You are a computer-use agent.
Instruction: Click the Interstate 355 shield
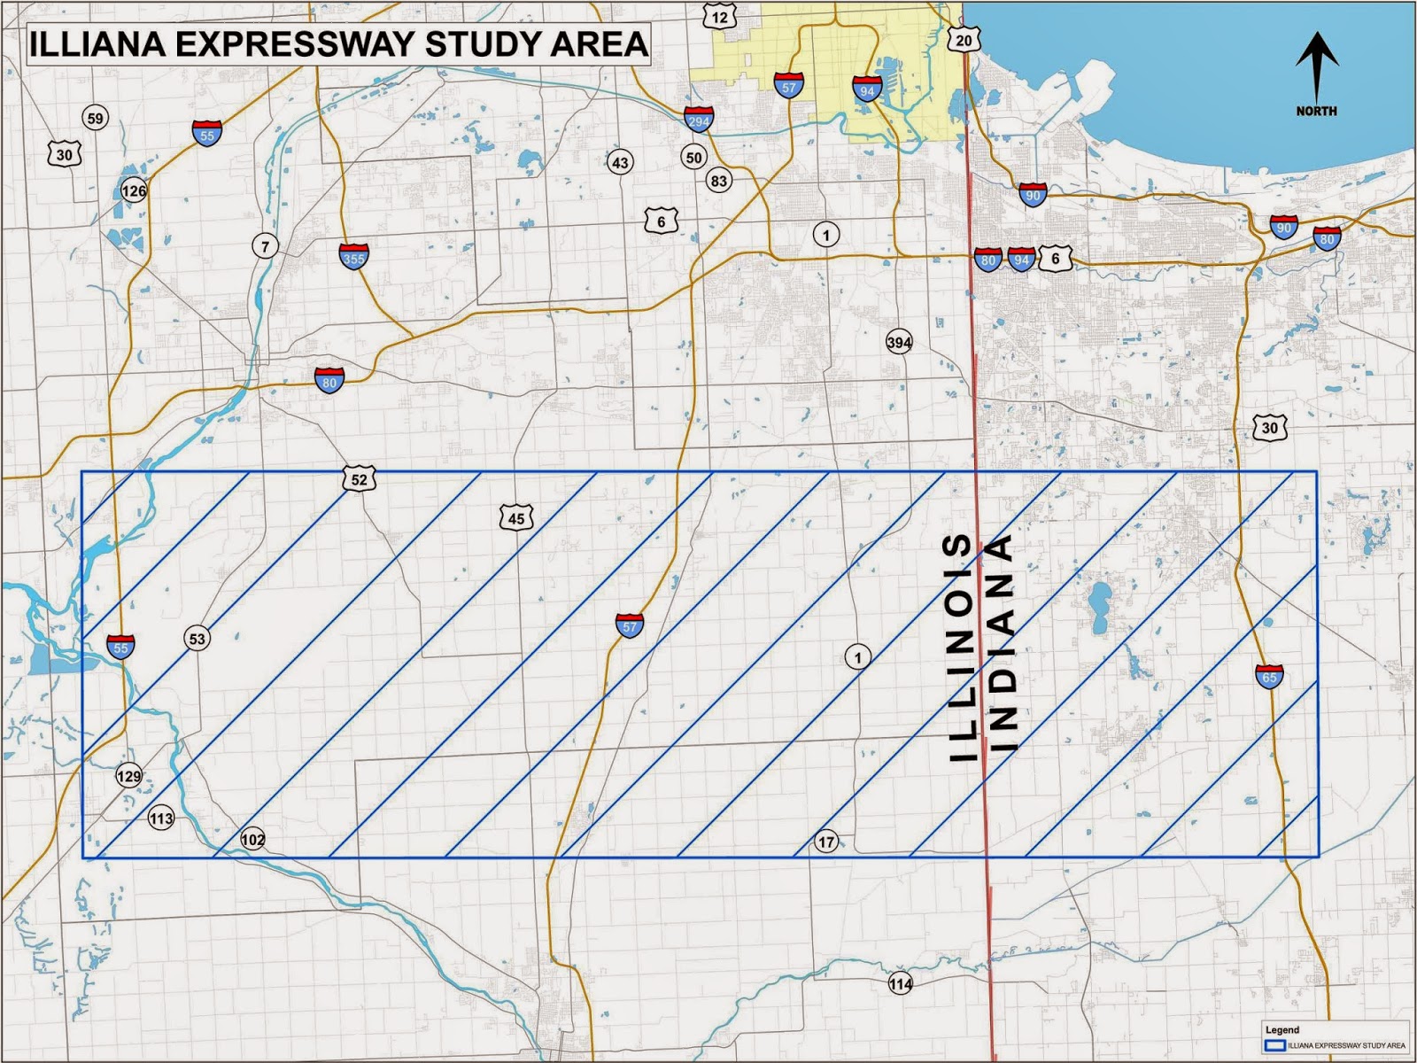click(x=353, y=256)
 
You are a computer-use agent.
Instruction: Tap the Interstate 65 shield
click(x=1269, y=676)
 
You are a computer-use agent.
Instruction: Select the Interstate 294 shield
click(x=698, y=119)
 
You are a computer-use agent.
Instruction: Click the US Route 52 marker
click(x=359, y=479)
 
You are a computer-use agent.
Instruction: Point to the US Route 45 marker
click(x=516, y=518)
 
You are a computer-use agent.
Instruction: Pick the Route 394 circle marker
click(x=899, y=343)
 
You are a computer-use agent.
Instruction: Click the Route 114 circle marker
click(x=901, y=983)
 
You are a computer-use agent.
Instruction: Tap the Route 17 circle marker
click(x=825, y=842)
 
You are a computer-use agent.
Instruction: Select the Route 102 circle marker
click(x=252, y=839)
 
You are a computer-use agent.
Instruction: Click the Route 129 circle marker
click(x=128, y=776)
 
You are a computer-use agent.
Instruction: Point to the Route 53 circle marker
click(x=197, y=638)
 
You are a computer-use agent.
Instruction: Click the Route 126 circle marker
click(x=134, y=190)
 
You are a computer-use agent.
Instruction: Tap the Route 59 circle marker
click(x=95, y=118)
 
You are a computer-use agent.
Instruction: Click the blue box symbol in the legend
click(x=1275, y=1045)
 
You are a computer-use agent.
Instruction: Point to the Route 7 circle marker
click(x=265, y=245)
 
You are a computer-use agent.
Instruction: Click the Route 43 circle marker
click(x=620, y=162)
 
